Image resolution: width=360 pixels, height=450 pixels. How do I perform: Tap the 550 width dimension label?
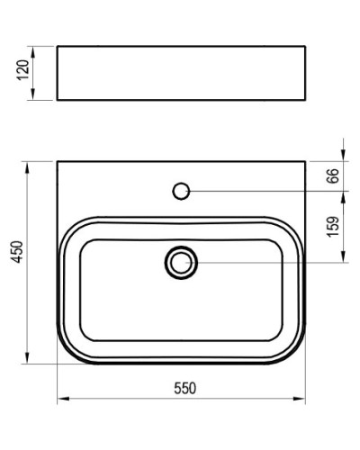coord(184,388)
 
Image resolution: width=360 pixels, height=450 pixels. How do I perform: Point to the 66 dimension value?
coord(332,175)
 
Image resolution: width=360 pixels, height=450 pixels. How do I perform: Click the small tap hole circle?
coord(181,190)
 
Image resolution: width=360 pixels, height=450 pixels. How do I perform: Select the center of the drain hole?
coord(181,262)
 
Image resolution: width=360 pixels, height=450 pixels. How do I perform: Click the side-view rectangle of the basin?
coord(181,72)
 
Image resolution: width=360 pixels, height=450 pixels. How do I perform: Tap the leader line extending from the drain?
coord(270,262)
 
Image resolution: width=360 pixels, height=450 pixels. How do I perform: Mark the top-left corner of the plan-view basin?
coord(57,162)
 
